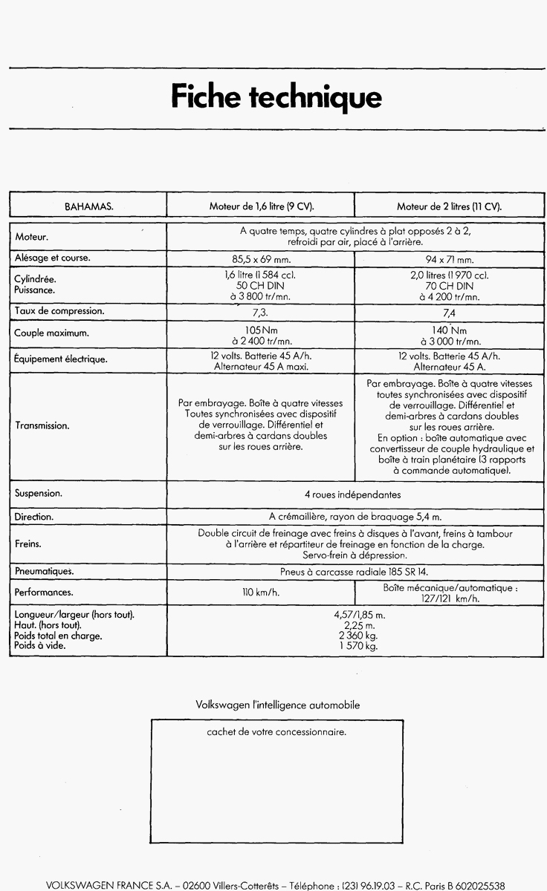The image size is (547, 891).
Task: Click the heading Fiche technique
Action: pyautogui.click(x=276, y=97)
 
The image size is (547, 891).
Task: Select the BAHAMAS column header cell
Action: pyautogui.click(x=88, y=206)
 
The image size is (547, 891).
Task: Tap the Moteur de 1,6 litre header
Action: pyautogui.click(x=261, y=206)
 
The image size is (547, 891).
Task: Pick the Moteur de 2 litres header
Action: pyautogui.click(x=449, y=206)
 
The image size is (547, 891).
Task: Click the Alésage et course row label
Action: pyautogui.click(x=52, y=258)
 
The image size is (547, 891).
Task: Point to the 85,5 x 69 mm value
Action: pyautogui.click(x=260, y=260)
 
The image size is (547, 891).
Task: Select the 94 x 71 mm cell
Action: pyautogui.click(x=449, y=260)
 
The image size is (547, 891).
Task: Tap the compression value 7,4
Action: pyautogui.click(x=449, y=313)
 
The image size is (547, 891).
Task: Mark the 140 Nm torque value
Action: pyautogui.click(x=449, y=330)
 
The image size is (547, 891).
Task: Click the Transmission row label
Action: pyautogui.click(x=42, y=426)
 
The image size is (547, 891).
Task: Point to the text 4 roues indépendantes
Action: pyautogui.click(x=353, y=495)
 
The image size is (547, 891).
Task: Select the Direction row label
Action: pyautogui.click(x=34, y=516)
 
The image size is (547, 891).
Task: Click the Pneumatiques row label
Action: pyautogui.click(x=44, y=571)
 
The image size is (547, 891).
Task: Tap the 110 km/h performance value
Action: pyautogui.click(x=260, y=593)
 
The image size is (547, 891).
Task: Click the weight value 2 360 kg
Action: pyautogui.click(x=354, y=636)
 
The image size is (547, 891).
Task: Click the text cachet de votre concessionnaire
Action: pyautogui.click(x=276, y=732)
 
